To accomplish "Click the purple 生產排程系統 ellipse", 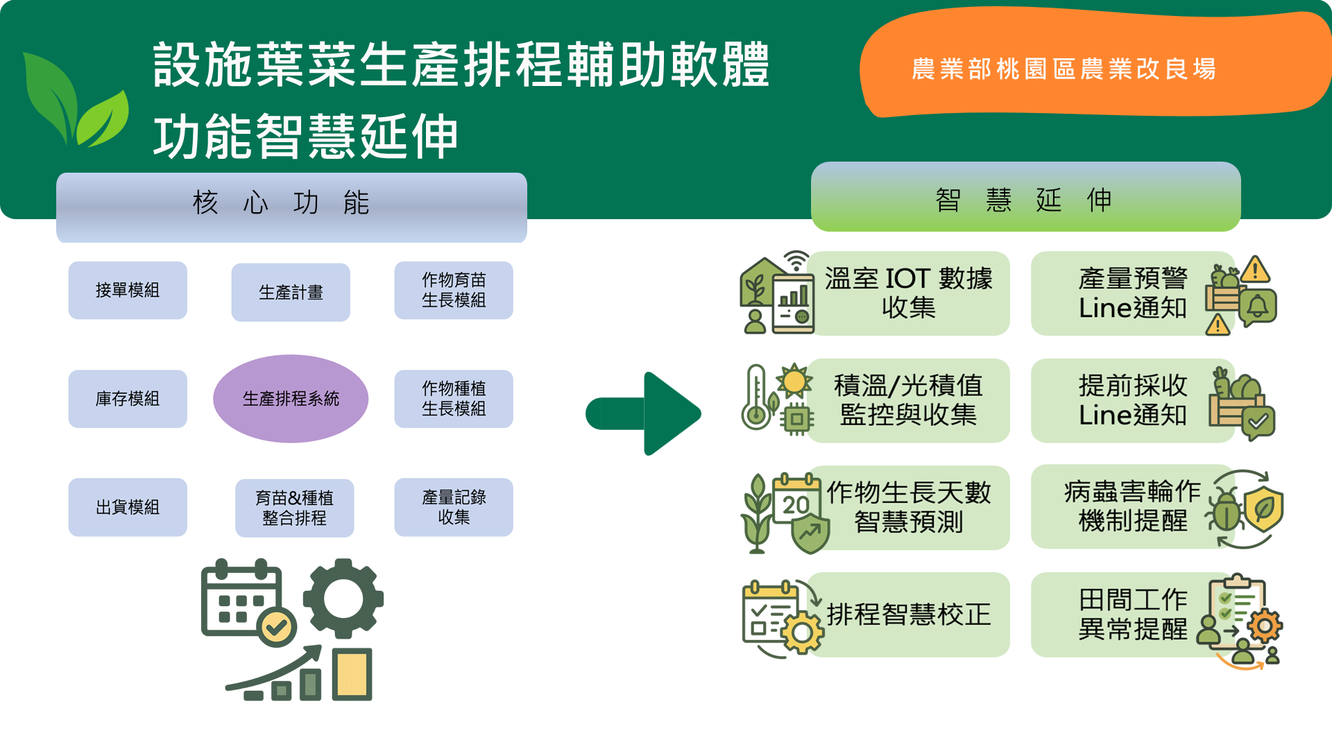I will pyautogui.click(x=291, y=399).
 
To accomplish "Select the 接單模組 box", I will pyautogui.click(x=128, y=290).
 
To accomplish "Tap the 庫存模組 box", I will pyautogui.click(x=128, y=399).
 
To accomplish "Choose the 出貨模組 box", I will pyautogui.click(x=128, y=507).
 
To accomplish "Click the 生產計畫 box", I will pyautogui.click(x=291, y=292).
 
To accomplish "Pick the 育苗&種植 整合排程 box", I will pyautogui.click(x=294, y=508).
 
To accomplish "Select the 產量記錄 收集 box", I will pyautogui.click(x=454, y=507).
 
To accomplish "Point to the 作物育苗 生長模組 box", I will pyautogui.click(x=454, y=290).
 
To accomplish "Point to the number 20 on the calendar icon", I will pyautogui.click(x=796, y=505).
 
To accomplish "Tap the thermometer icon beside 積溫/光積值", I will pyautogui.click(x=755, y=397).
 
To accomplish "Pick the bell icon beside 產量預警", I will pyautogui.click(x=1258, y=306).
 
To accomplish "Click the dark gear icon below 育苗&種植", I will pyautogui.click(x=343, y=597).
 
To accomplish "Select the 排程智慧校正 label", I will pyautogui.click(x=908, y=614).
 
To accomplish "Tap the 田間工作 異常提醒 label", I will pyautogui.click(x=1132, y=614).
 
